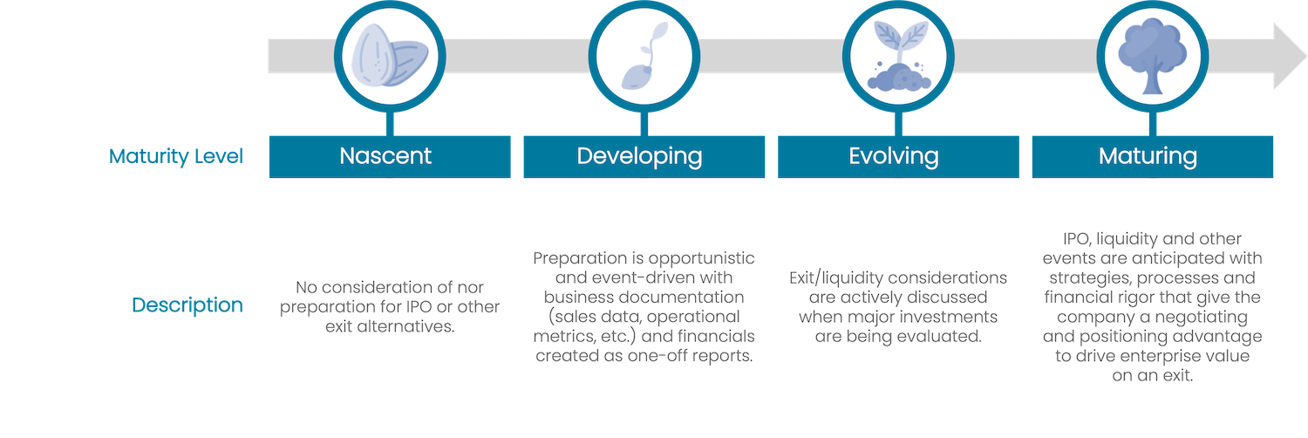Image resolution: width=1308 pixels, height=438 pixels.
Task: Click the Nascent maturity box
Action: pos(390,156)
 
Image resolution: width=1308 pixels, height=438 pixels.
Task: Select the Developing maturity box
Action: pos(644,156)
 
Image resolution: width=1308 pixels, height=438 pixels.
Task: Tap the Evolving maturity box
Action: pos(898,156)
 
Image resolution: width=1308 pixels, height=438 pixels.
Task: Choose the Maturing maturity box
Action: pos(1153,156)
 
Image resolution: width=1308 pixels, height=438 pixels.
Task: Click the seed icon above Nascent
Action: pos(390,56)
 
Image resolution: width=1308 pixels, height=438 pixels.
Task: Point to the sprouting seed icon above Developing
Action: pos(644,56)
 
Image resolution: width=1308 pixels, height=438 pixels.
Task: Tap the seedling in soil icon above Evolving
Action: pos(899,56)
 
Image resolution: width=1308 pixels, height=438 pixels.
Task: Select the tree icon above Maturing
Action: pos(1152,56)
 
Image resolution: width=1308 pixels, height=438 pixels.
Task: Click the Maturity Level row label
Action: pos(176,156)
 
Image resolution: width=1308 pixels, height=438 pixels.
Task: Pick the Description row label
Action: pos(187,305)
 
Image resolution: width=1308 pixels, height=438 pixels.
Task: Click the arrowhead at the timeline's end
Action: pos(1290,56)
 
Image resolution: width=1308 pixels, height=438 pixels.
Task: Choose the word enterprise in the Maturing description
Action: pos(1158,356)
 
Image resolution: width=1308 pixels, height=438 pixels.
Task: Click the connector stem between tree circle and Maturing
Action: pos(1153,124)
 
